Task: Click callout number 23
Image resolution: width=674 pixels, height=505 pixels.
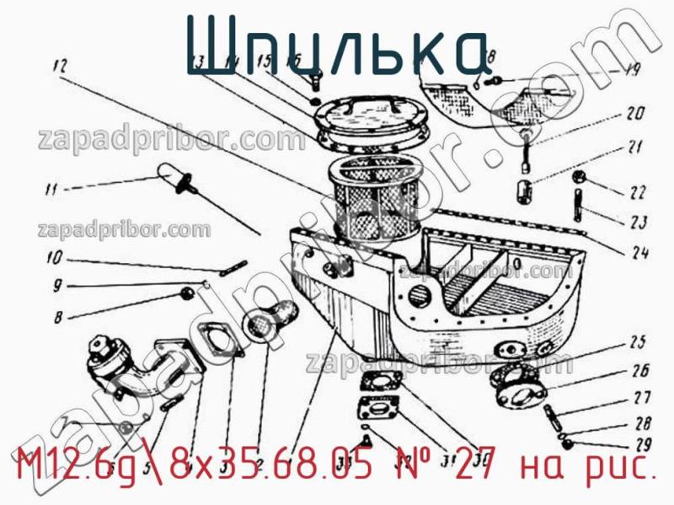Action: pyautogui.click(x=637, y=223)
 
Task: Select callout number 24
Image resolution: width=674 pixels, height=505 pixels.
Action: pyautogui.click(x=637, y=251)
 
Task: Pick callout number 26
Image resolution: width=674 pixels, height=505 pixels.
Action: pyautogui.click(x=640, y=370)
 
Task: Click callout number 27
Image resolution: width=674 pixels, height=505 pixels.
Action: pyautogui.click(x=641, y=399)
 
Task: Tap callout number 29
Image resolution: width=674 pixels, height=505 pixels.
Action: pyautogui.click(x=642, y=445)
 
